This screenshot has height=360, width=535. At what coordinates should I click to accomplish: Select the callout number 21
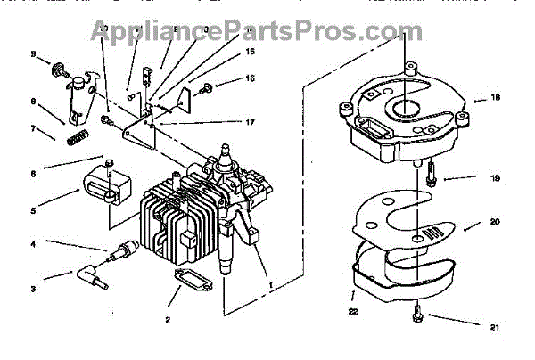point(493,327)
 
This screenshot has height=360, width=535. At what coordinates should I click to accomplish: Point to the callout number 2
point(167,318)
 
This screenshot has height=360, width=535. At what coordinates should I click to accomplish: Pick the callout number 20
point(493,221)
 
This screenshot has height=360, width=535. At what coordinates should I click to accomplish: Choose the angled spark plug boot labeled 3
point(92,270)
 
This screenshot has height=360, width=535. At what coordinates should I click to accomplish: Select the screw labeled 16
point(206,87)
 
